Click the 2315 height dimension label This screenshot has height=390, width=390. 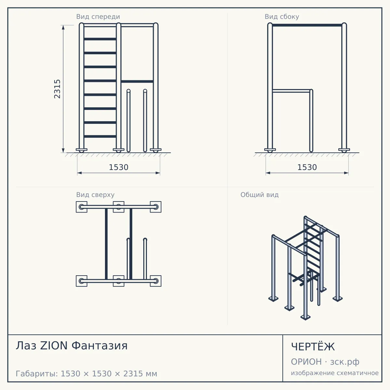pyautogui.click(x=57, y=89)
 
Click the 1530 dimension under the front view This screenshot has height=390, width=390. pyautogui.click(x=119, y=167)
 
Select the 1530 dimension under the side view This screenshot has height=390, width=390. pyautogui.click(x=307, y=167)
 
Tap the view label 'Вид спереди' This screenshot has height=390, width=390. pyautogui.click(x=98, y=17)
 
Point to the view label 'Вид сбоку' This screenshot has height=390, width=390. pyautogui.click(x=282, y=17)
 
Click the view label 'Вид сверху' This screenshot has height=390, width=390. pyautogui.click(x=95, y=195)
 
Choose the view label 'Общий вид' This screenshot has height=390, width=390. pyautogui.click(x=259, y=195)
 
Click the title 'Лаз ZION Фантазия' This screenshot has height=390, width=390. pyautogui.click(x=71, y=345)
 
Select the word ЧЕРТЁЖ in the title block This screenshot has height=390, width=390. pyautogui.click(x=313, y=347)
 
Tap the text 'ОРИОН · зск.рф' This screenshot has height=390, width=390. pyautogui.click(x=325, y=362)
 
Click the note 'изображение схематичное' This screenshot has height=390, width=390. pyautogui.click(x=335, y=373)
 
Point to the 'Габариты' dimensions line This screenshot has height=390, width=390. pyautogui.click(x=86, y=374)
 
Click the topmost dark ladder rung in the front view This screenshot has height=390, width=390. pyautogui.click(x=100, y=39)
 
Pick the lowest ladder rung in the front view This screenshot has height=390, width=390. pyautogui.click(x=100, y=136)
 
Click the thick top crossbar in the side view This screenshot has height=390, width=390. pyautogui.click(x=307, y=25)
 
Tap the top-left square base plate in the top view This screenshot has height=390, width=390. pyautogui.click(x=82, y=207)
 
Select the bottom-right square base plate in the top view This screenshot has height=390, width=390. pyautogui.click(x=156, y=281)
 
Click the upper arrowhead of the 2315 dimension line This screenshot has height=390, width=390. pyautogui.click(x=63, y=27)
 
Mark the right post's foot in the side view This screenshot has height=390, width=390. pyautogui.click(x=344, y=150)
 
